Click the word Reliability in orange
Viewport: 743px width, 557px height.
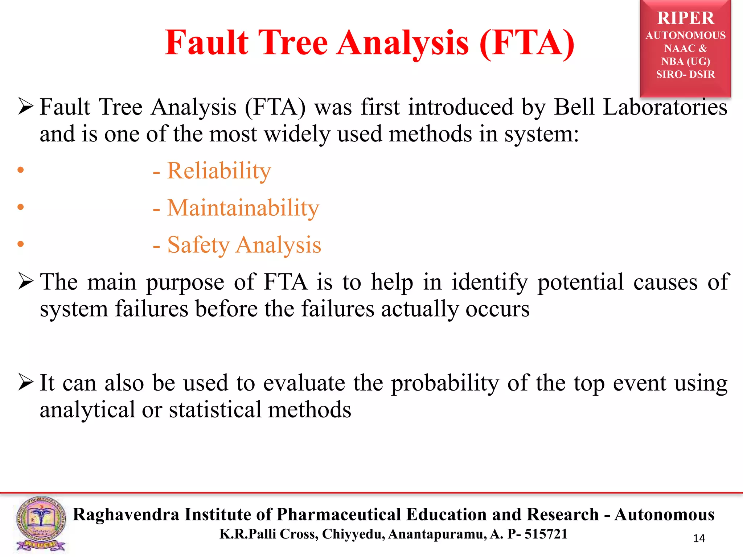(219, 171)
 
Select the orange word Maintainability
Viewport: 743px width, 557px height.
(243, 208)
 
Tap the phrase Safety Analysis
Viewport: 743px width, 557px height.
(244, 245)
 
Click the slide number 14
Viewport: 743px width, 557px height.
(699, 539)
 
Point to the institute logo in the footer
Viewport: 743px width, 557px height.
(41, 524)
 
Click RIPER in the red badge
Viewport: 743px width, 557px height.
(685, 18)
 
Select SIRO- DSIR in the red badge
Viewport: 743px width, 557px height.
(685, 74)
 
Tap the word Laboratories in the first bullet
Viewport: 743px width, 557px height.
(665, 107)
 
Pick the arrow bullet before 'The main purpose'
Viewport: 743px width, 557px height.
(26, 282)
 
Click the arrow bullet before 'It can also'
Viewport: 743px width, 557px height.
(26, 383)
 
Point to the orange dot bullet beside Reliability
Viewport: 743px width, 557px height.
(21, 170)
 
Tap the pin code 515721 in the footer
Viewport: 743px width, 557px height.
(546, 534)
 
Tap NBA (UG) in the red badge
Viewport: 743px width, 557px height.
(685, 61)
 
